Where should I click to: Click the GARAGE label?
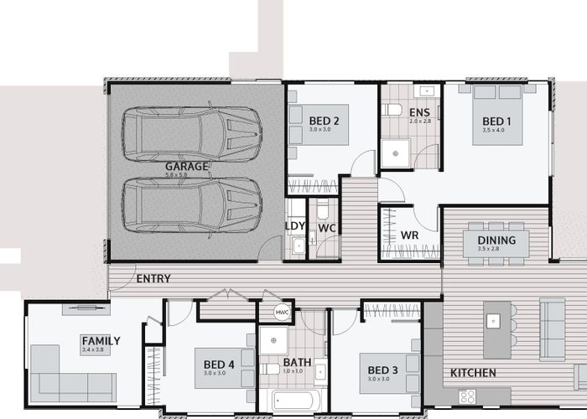pyautogui.click(x=186, y=166)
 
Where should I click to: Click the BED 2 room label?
pyautogui.click(x=324, y=121)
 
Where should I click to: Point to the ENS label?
pyautogui.click(x=419, y=111)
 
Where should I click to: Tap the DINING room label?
pyautogui.click(x=495, y=240)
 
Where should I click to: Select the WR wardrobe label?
pyautogui.click(x=409, y=235)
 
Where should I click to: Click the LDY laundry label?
pyautogui.click(x=295, y=226)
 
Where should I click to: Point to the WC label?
pyautogui.click(x=327, y=227)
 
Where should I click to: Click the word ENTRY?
pyautogui.click(x=153, y=278)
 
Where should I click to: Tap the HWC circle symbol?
pyautogui.click(x=283, y=312)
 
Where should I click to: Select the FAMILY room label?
pyautogui.click(x=101, y=341)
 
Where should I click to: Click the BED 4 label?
pyautogui.click(x=219, y=365)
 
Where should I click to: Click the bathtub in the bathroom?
pyautogui.click(x=290, y=400)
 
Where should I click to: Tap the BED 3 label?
pyautogui.click(x=382, y=370)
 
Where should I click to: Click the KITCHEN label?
pyautogui.click(x=473, y=373)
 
